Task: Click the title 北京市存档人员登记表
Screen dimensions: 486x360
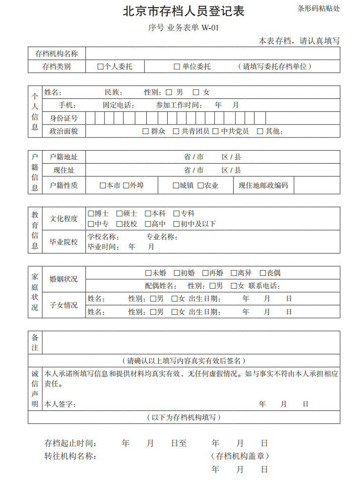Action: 183,11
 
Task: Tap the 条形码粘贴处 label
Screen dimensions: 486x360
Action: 319,9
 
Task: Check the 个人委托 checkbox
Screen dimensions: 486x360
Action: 100,67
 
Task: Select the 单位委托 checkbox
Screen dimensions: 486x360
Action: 177,67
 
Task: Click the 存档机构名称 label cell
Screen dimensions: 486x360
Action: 57,53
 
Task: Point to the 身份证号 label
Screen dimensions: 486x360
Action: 64,118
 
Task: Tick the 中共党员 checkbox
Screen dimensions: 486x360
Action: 215,131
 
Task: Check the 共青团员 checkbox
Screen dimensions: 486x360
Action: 176,131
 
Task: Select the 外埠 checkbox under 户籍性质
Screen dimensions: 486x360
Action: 126,185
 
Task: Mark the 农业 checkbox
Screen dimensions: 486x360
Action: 200,185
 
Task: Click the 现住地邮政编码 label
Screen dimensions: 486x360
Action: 263,185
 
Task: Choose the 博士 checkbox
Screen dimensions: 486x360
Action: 91,214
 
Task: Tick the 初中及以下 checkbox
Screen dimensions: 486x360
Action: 177,224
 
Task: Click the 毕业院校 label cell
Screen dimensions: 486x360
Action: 64,242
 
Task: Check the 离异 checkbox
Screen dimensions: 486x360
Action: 234,273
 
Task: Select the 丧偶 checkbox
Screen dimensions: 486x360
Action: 262,273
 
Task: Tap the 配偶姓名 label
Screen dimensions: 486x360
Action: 161,286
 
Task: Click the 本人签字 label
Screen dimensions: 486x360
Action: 60,404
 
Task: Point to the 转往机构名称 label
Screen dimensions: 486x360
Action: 70,456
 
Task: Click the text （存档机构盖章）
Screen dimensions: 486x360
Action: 240,456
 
